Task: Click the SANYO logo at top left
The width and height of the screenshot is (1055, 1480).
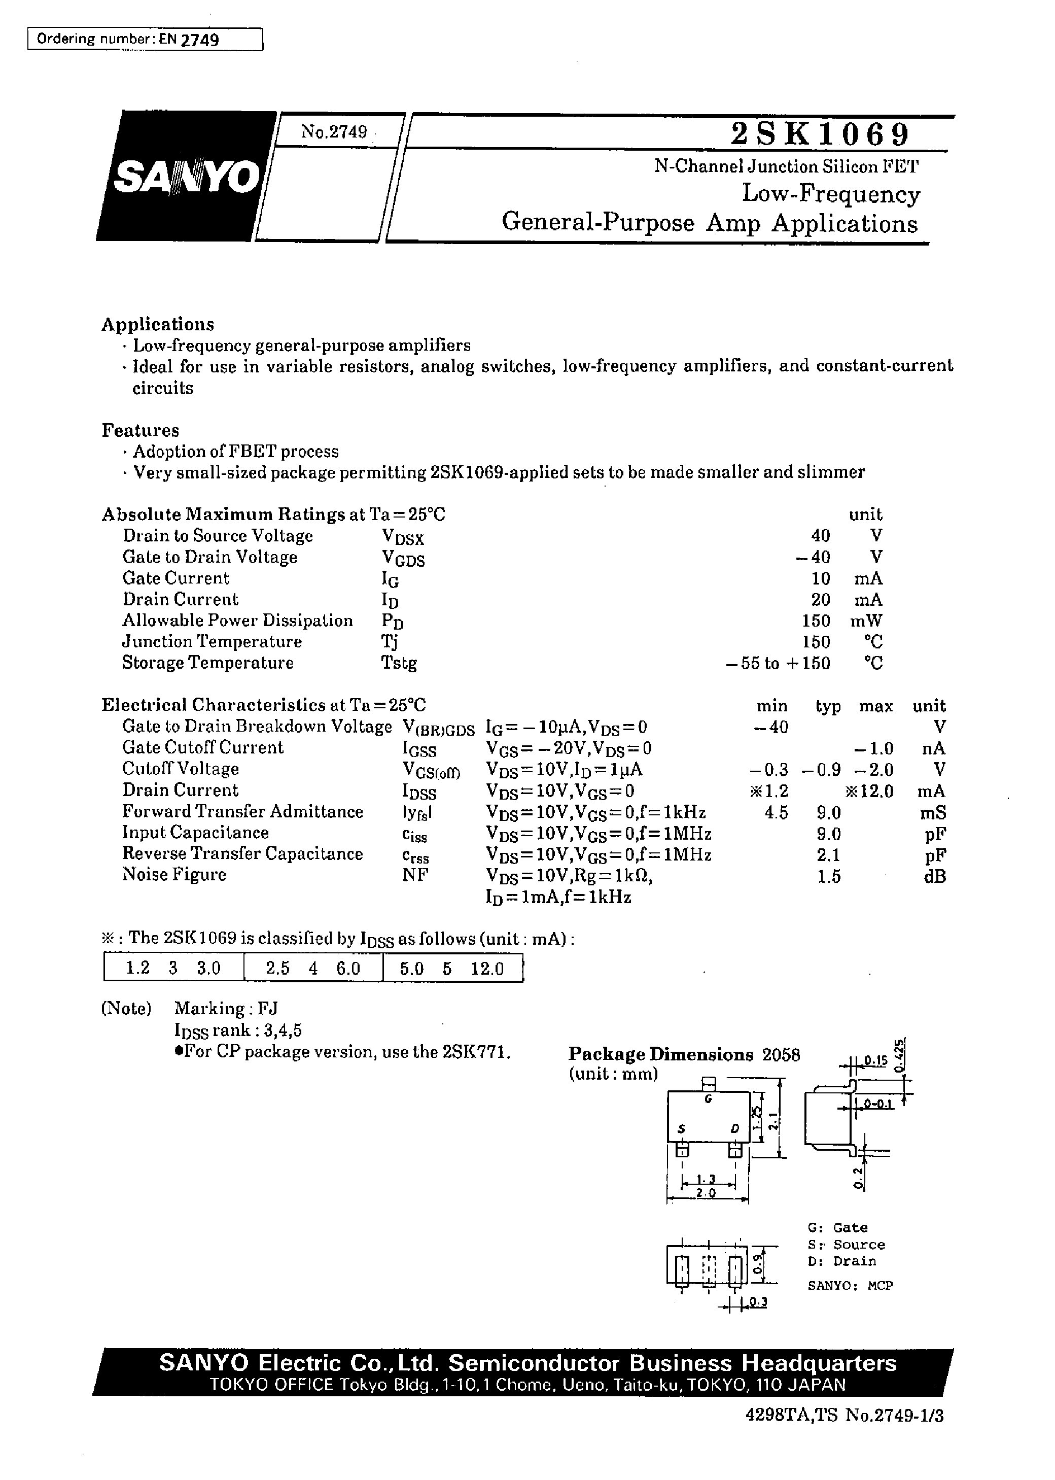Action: click(187, 177)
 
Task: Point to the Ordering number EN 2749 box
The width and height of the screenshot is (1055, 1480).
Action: click(145, 40)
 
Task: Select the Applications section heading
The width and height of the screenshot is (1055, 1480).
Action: click(158, 324)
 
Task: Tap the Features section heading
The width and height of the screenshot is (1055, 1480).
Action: click(140, 430)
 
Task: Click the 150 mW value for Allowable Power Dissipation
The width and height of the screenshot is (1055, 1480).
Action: click(816, 621)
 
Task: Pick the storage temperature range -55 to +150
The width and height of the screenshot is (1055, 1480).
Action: click(778, 663)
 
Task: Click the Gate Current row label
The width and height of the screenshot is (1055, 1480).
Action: click(175, 578)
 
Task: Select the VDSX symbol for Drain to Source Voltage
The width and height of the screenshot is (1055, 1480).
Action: click(402, 537)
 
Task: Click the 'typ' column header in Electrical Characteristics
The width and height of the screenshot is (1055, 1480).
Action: click(828, 706)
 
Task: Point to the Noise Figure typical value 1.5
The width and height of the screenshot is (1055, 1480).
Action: click(828, 876)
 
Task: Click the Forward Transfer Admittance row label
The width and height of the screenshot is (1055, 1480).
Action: click(242, 811)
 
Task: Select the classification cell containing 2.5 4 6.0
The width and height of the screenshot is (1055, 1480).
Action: click(313, 969)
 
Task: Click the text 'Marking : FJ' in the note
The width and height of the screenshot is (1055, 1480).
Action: click(226, 1008)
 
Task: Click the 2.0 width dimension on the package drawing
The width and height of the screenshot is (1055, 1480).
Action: click(706, 1193)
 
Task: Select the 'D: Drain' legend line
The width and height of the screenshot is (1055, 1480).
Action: click(842, 1261)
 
